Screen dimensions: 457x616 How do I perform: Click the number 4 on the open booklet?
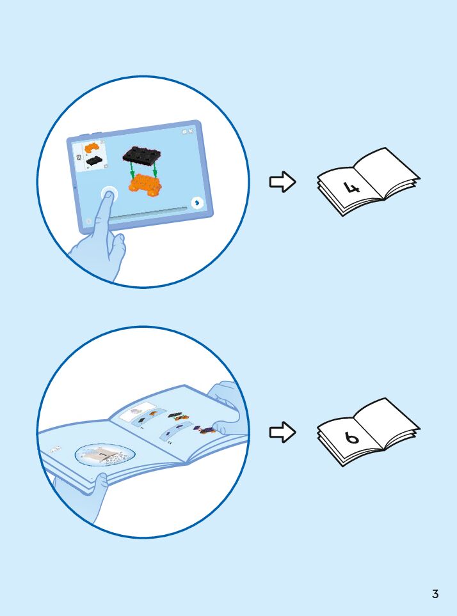(x=351, y=187)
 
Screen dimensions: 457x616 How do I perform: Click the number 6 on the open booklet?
(x=351, y=438)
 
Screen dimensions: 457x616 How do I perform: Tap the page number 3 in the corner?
(x=435, y=594)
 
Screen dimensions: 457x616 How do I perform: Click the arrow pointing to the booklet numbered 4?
(x=282, y=182)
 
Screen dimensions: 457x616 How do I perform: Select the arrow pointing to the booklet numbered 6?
(x=282, y=433)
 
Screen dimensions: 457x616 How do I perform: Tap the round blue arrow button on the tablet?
(x=198, y=202)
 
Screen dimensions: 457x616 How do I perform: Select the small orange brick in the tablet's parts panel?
(x=92, y=148)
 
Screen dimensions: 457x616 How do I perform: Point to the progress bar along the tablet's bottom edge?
(x=151, y=214)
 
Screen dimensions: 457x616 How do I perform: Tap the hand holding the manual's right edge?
(x=225, y=409)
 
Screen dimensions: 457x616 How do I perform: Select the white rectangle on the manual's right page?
(x=138, y=410)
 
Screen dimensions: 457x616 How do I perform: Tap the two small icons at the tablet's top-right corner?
(x=188, y=131)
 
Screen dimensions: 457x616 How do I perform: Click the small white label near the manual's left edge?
(x=55, y=449)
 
